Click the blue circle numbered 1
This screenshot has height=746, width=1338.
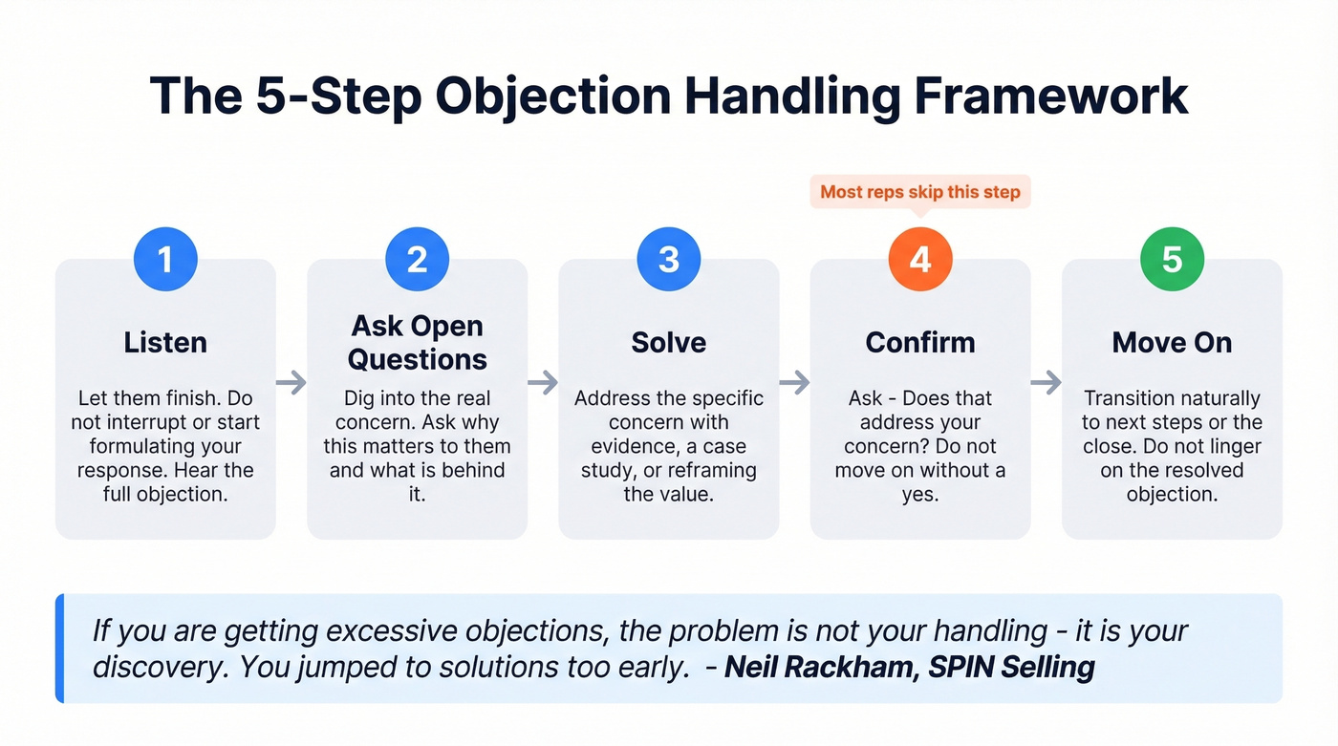pos(165,260)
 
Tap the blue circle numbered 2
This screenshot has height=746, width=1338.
pos(417,260)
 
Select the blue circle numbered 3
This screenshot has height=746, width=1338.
pos(669,260)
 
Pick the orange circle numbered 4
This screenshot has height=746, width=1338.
pos(920,260)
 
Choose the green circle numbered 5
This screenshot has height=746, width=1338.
pos(1172,260)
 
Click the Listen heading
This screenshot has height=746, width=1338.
pos(165,342)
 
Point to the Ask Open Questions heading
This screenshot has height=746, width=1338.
pos(417,342)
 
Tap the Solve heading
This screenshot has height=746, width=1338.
pos(669,342)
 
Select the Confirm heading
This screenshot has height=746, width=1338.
pos(920,342)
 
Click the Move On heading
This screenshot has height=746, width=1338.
pos(1172,342)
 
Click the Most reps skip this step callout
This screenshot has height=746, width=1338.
pos(920,192)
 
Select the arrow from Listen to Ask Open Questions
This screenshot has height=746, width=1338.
pos(291,383)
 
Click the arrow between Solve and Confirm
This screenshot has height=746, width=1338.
pos(794,383)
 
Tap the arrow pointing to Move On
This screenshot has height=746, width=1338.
pos(1047,383)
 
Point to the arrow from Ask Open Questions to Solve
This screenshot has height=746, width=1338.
pos(543,383)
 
